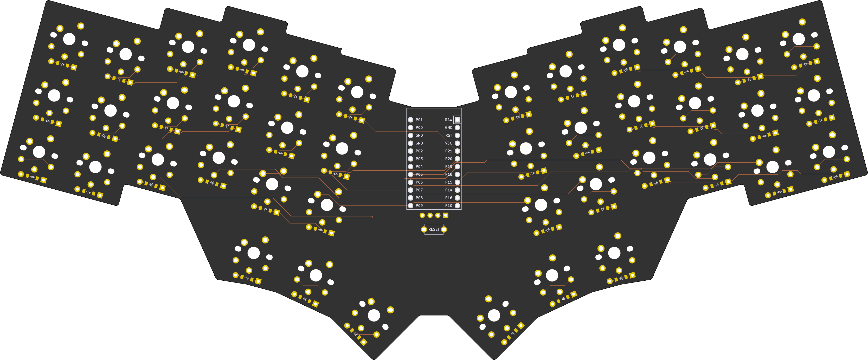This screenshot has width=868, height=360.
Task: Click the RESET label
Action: [x=434, y=229]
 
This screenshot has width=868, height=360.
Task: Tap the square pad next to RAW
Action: [x=457, y=120]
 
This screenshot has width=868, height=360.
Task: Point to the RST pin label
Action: [x=448, y=136]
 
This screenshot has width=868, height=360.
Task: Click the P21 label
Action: [x=448, y=151]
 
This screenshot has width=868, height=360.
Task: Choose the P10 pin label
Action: [x=448, y=205]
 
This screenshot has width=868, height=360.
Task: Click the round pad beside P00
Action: [x=410, y=127]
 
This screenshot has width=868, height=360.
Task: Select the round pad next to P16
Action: [x=457, y=198]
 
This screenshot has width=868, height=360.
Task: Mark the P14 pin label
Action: [x=448, y=190]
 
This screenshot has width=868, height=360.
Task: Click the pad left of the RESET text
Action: [x=424, y=229]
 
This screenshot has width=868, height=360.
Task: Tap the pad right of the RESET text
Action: [x=444, y=229]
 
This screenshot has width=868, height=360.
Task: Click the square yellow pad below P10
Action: [x=446, y=215]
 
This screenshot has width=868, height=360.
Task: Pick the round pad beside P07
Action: [x=410, y=190]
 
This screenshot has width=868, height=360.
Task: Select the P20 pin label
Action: [x=448, y=159]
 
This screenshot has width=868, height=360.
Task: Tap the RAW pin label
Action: [x=448, y=120]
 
